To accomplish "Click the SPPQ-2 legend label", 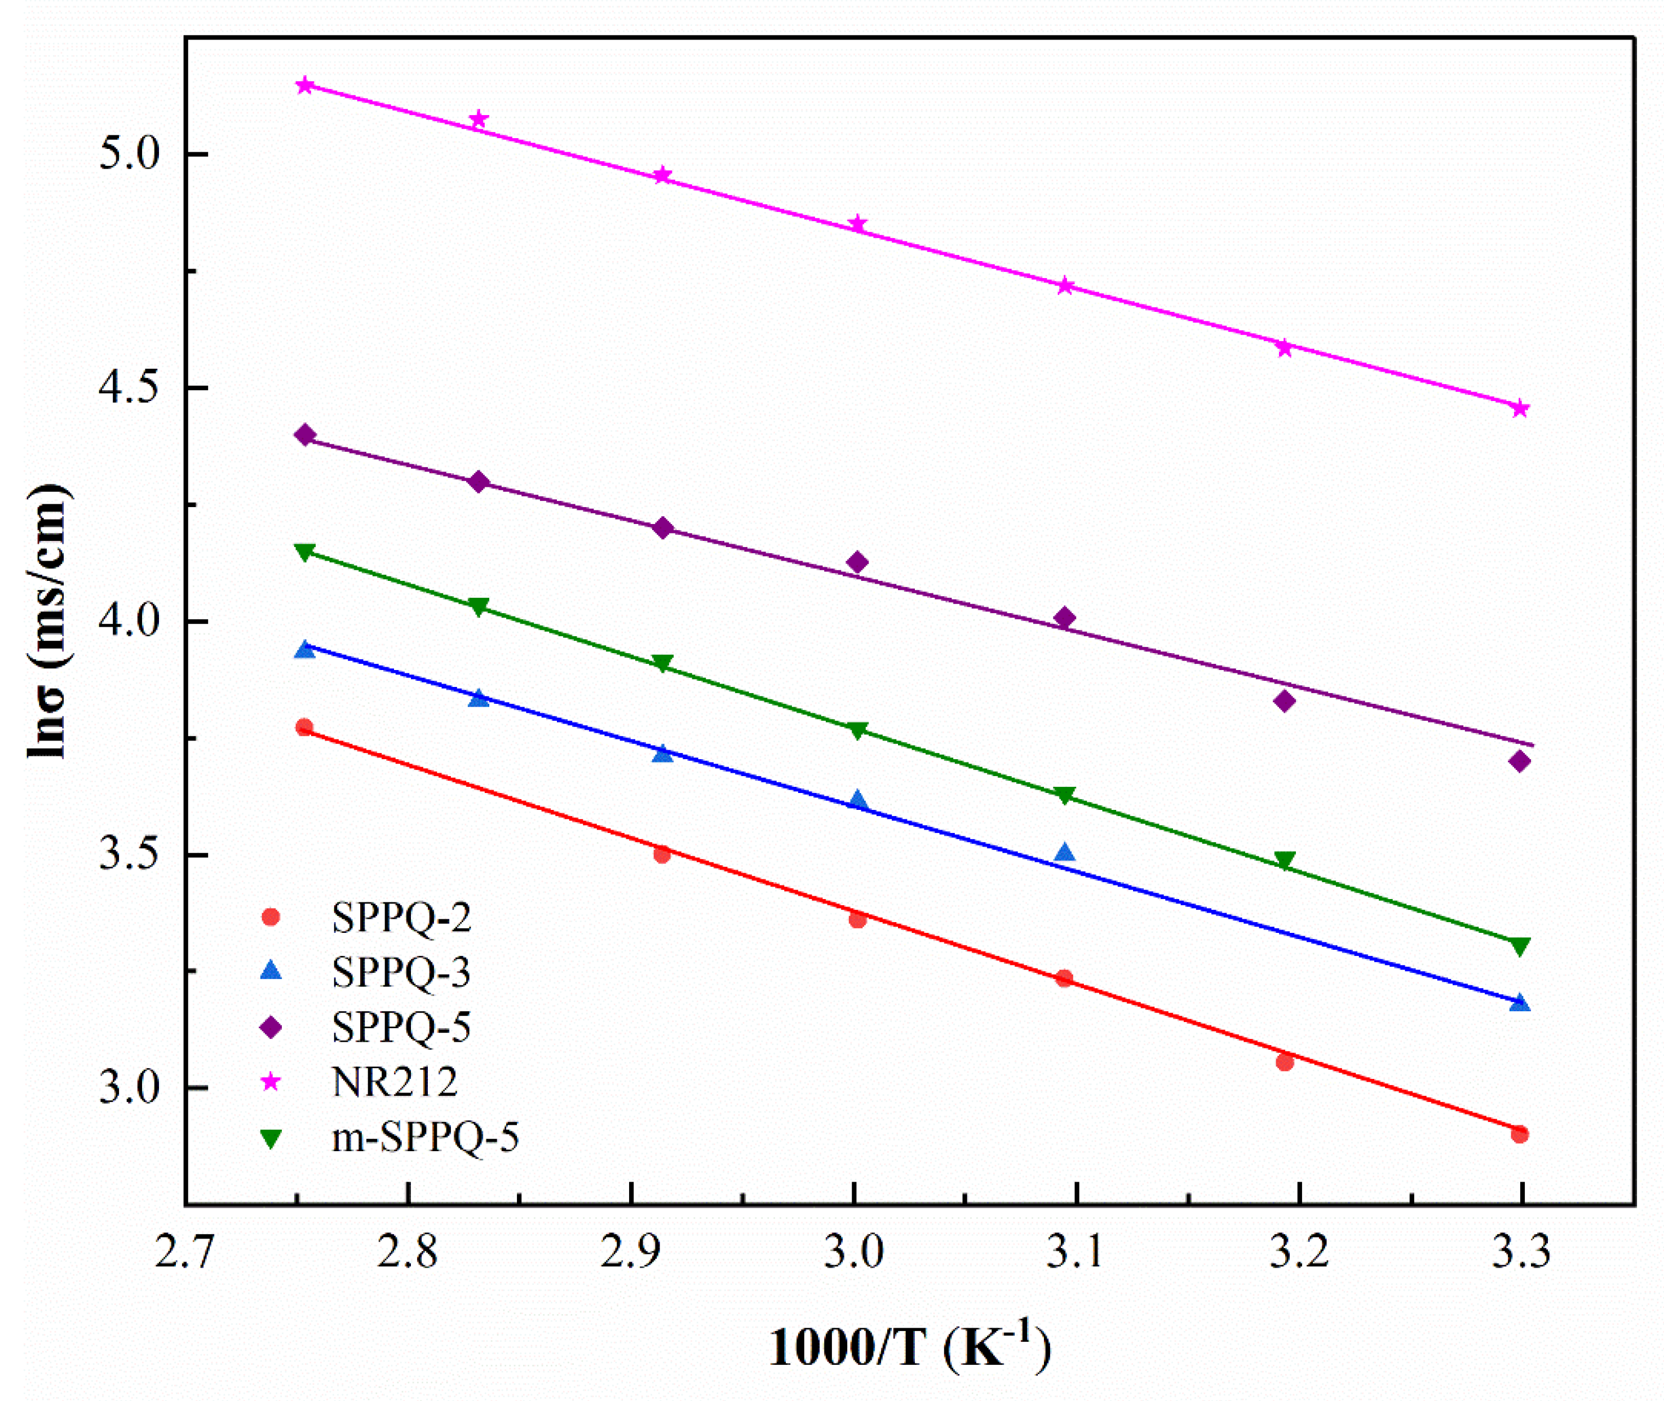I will click(x=401, y=917).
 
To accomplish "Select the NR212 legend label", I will click(x=395, y=1081).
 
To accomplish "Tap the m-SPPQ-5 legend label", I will click(x=424, y=1136).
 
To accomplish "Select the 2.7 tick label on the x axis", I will click(x=184, y=1254).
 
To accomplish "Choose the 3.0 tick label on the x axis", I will click(x=853, y=1254).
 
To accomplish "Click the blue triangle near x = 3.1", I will click(x=1065, y=853).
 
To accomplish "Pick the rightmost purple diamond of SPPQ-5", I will click(x=1520, y=761).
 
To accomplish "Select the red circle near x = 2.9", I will click(x=662, y=854).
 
